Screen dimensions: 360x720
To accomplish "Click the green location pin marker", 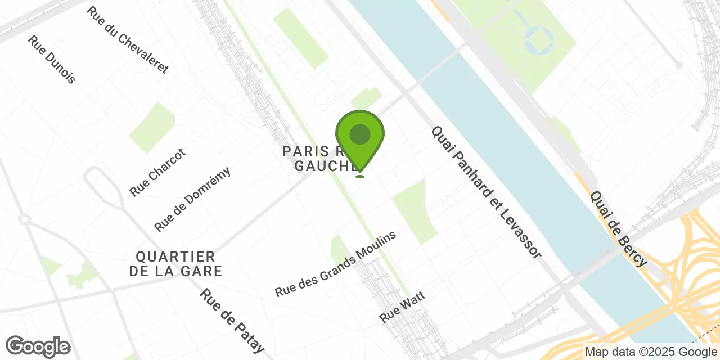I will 360,141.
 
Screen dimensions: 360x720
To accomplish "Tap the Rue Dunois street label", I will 51,60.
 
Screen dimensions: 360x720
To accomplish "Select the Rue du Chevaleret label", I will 128,40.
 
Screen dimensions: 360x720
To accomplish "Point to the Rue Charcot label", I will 157,172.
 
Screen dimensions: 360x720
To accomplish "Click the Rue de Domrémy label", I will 192,199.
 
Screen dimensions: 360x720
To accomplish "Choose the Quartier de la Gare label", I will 175,264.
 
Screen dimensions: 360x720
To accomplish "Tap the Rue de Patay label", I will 232,320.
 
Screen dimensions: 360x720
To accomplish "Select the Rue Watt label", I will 402,307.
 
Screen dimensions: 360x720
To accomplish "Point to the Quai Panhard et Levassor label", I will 486,192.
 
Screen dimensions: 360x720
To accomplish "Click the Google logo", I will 38,347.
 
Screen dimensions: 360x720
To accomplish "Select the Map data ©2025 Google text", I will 650,352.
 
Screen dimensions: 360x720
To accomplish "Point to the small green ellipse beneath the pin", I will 360,177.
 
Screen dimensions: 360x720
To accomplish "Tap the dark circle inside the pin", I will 360,134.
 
